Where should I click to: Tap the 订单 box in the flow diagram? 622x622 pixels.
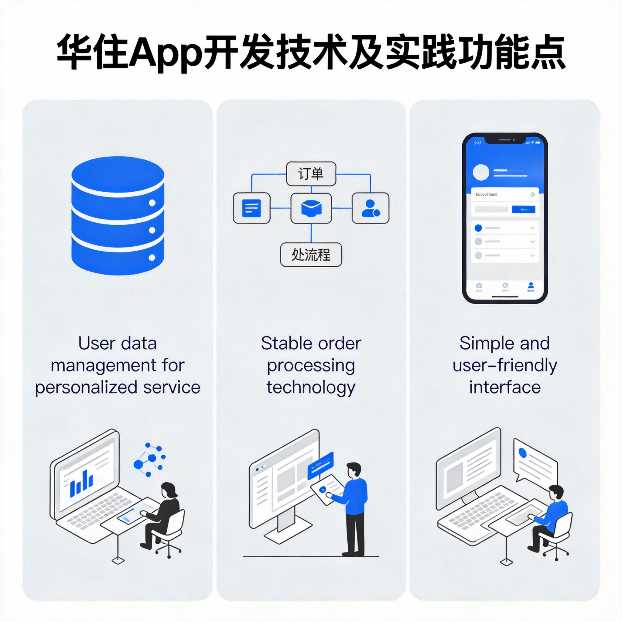(x=311, y=174)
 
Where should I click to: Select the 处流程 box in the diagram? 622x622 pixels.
(x=311, y=255)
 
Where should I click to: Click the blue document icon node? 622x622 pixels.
(x=251, y=208)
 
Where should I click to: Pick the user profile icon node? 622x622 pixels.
(x=370, y=208)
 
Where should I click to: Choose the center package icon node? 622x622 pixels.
(x=311, y=208)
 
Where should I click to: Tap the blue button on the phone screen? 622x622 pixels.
(x=524, y=209)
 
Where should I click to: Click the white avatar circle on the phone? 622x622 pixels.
(x=481, y=172)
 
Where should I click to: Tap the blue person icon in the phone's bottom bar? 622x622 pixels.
(x=531, y=285)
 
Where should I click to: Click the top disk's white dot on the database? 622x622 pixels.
(x=152, y=203)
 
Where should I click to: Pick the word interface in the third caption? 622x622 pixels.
(x=504, y=387)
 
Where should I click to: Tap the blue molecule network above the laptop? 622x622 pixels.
(x=149, y=460)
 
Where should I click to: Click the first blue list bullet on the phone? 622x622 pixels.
(x=478, y=228)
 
